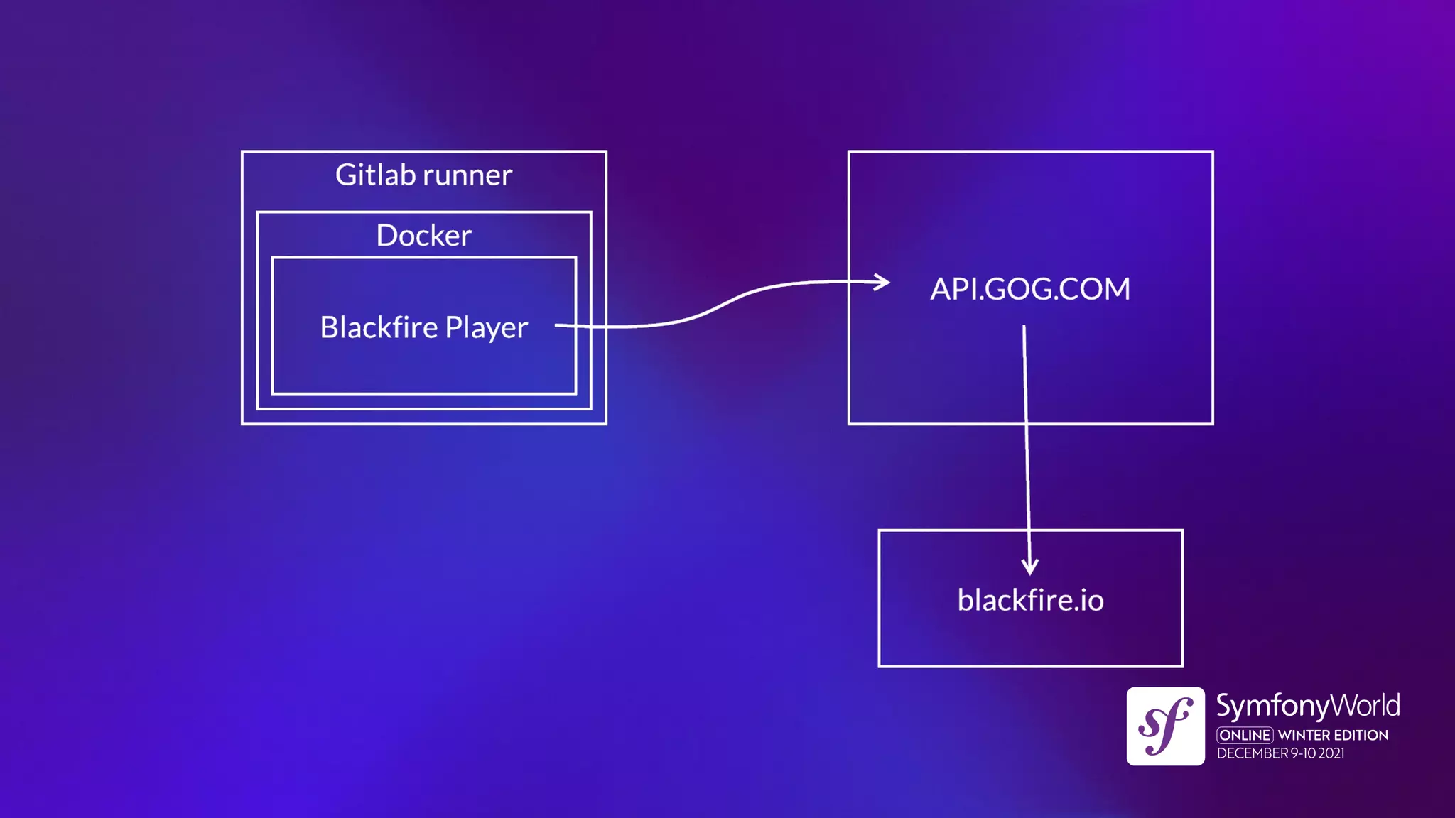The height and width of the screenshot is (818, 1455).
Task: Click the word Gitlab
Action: coord(375,175)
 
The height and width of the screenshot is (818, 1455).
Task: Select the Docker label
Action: coord(423,236)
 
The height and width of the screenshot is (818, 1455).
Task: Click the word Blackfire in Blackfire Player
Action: coord(379,327)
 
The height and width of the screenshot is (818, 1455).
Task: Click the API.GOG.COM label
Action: coord(1030,289)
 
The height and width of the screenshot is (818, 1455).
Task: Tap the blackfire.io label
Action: coord(1030,601)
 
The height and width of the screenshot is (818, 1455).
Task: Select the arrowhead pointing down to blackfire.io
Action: coord(1029,567)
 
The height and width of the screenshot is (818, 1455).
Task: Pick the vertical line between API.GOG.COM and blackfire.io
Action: coord(1027,462)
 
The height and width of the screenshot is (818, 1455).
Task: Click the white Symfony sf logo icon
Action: coord(1165,726)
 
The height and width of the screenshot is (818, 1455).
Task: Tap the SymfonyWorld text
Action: coord(1307,706)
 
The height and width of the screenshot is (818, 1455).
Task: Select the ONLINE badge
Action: coord(1245,735)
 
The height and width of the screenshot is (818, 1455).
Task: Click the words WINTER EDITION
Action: coord(1333,735)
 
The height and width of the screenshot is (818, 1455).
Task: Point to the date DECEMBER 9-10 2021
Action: coord(1280,753)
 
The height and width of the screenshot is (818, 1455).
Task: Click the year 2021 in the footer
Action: coord(1331,753)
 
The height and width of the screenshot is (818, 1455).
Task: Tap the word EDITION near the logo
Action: coord(1361,735)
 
